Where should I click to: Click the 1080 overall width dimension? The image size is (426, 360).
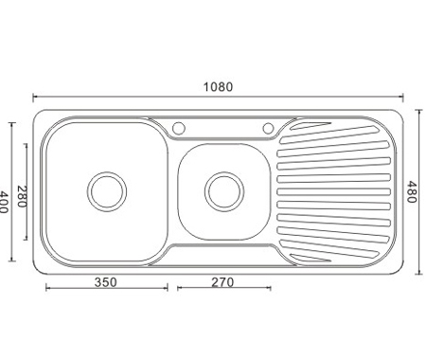(x=218, y=87)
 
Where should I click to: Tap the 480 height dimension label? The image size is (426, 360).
(x=411, y=191)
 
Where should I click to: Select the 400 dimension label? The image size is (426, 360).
(x=3, y=202)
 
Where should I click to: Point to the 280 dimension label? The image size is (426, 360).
(x=21, y=196)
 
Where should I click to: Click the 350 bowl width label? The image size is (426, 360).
(x=106, y=282)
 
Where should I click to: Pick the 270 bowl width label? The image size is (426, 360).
(x=222, y=282)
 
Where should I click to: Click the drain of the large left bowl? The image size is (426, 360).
(x=107, y=191)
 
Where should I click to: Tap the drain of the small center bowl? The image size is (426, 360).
(x=224, y=191)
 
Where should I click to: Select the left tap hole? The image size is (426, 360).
(x=179, y=128)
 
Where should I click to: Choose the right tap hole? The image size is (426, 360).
(x=269, y=128)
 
